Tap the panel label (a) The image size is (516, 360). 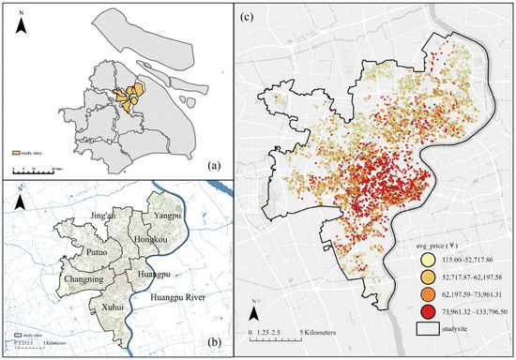pos(215,166)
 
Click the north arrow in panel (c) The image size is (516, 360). pos(255,305)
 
